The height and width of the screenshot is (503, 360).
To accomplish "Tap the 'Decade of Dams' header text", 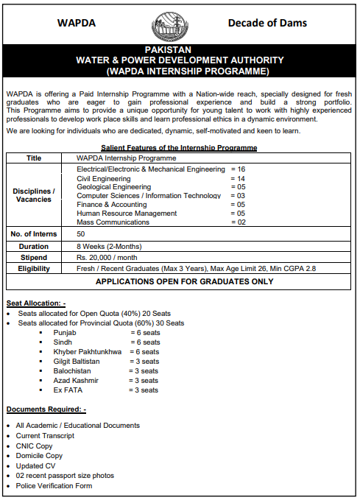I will tap(267, 23).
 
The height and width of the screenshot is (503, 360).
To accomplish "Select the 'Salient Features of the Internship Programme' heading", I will tap(179, 148).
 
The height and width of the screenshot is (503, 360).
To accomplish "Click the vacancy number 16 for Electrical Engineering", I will tap(241, 169).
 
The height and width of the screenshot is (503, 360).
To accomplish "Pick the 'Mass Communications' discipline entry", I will tap(113, 222).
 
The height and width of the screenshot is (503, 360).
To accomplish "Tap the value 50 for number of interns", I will tap(81, 234).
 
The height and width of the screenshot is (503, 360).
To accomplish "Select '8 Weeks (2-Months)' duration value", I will tap(109, 246).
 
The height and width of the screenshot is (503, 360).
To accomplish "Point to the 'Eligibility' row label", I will tap(34, 270).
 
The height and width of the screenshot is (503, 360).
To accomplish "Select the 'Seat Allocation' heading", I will tap(36, 303).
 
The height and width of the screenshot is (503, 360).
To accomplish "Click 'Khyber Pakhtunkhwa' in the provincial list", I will tap(88, 352).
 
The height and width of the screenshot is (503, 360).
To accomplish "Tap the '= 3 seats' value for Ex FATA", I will tap(144, 390).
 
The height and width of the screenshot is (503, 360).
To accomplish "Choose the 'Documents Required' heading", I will tap(46, 409).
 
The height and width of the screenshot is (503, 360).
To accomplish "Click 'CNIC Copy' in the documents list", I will tap(34, 446).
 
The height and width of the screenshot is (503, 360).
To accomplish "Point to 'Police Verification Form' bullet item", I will tap(54, 486).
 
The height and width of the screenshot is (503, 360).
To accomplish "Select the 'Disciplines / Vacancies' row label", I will tap(34, 195).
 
